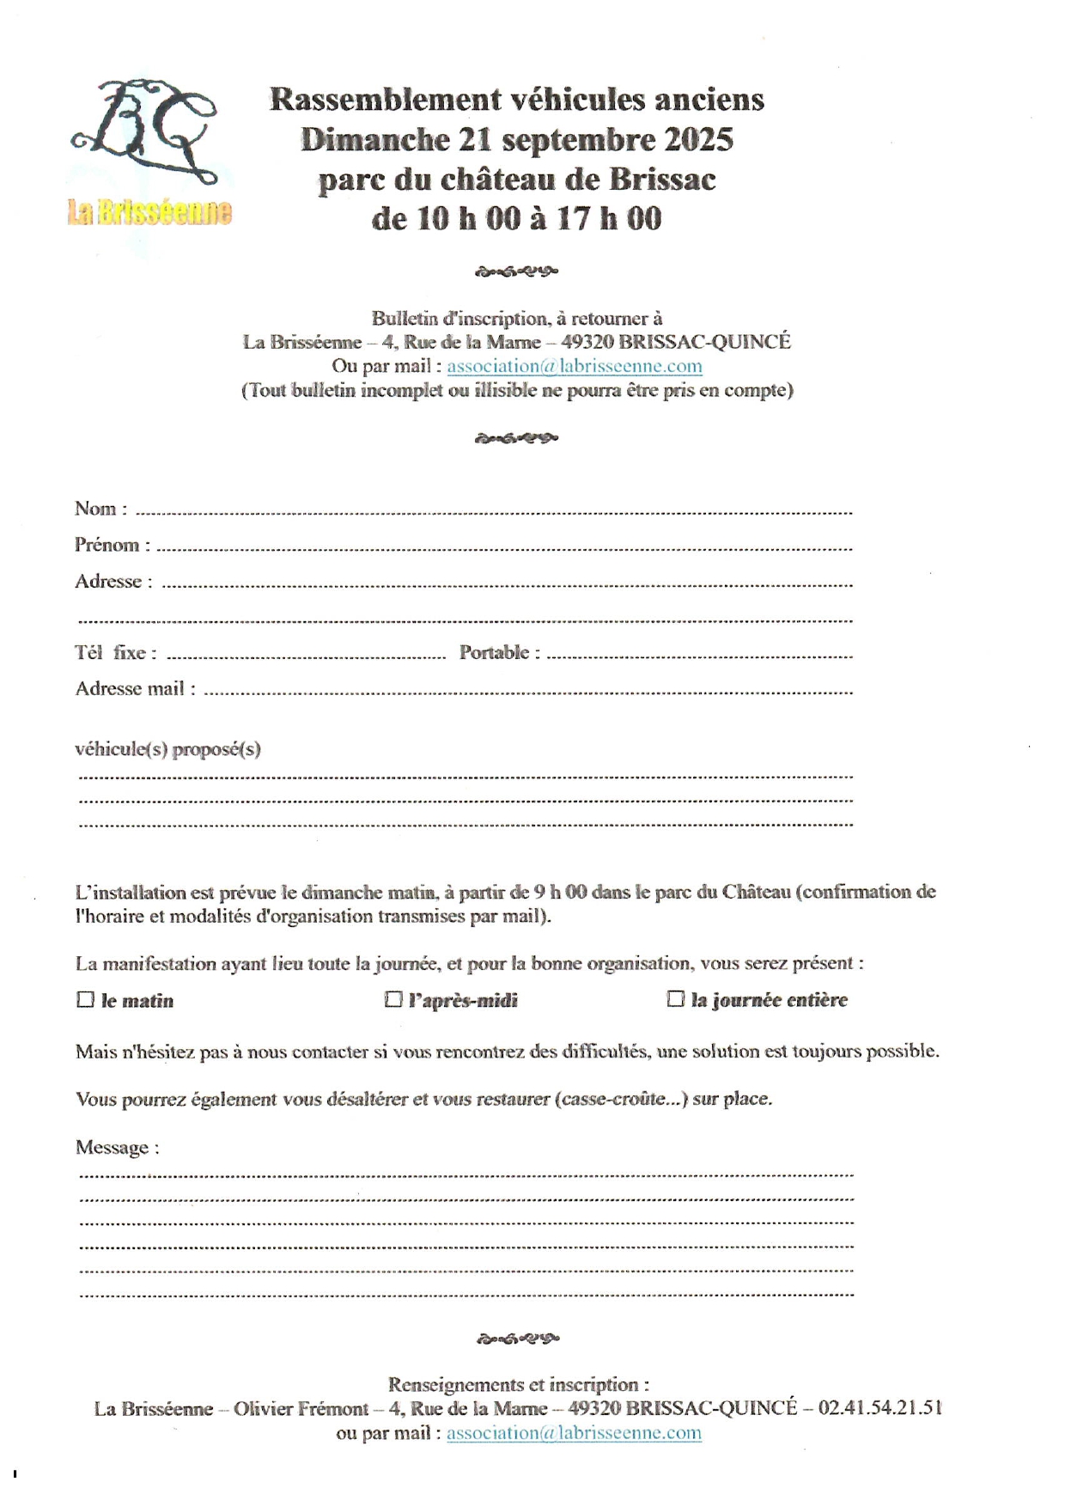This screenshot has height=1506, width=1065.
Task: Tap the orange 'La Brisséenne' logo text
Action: coord(149,212)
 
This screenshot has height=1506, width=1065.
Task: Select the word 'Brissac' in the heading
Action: coord(662,180)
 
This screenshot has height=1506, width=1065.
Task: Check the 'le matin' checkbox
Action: coord(86,999)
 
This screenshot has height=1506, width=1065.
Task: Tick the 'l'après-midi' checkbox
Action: coord(393,999)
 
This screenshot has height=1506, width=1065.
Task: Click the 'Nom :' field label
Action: coord(100,509)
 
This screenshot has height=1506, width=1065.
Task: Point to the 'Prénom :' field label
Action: coord(112,545)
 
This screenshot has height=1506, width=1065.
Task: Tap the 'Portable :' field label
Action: coord(499,652)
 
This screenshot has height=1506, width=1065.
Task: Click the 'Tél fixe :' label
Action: coord(115,652)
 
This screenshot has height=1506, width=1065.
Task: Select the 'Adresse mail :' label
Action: coord(135,688)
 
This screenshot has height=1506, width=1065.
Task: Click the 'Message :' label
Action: coord(117,1147)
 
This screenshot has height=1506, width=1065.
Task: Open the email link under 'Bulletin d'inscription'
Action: coord(574,366)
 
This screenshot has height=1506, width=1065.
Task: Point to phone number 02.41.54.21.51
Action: coord(879,1408)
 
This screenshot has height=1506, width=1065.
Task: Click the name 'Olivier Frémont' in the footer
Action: coord(301,1409)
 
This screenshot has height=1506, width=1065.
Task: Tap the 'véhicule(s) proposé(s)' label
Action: coord(167,748)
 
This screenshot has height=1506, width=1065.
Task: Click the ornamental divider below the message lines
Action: coord(517,1338)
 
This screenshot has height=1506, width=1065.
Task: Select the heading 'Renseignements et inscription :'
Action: coord(518,1384)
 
